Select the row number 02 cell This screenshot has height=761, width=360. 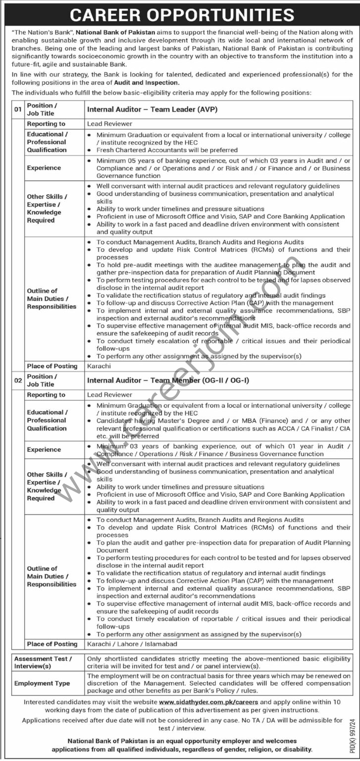18,380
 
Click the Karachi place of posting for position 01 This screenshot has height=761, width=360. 99,366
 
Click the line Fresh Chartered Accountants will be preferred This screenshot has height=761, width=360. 167,150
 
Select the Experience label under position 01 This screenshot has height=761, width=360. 44,168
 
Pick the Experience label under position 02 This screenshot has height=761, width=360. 44,449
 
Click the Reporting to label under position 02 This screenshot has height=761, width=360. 46,395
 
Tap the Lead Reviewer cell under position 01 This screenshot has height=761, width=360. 109,124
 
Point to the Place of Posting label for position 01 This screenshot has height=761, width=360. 52,366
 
